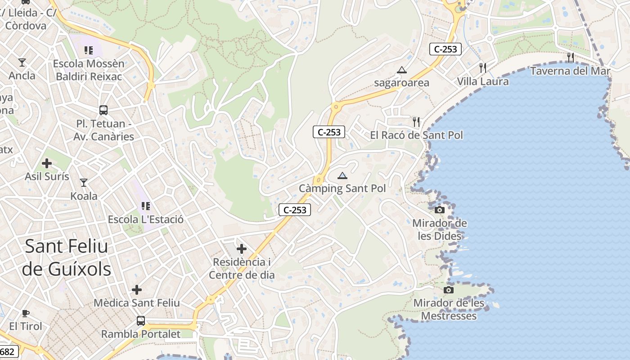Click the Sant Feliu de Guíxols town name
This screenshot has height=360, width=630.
(x=67, y=257)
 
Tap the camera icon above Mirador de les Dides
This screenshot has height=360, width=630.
(x=440, y=210)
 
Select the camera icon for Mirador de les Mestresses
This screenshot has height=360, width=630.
(x=449, y=290)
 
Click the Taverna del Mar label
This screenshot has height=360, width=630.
(x=570, y=71)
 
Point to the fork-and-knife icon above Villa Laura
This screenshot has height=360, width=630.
(x=483, y=68)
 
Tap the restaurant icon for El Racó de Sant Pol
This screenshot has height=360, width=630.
(x=416, y=121)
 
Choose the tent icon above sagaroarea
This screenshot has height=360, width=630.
(x=402, y=70)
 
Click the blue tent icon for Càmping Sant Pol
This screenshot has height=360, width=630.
(x=342, y=175)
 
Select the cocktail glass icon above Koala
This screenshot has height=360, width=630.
(x=84, y=182)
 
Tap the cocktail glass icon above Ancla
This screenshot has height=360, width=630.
(x=22, y=62)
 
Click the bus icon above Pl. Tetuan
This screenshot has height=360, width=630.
(x=103, y=110)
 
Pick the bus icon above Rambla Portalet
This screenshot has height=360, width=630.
(x=141, y=321)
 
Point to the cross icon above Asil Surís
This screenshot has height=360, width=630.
(x=47, y=163)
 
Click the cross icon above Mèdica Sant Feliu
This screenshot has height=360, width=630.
(x=137, y=290)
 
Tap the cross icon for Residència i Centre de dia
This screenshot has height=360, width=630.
(x=242, y=248)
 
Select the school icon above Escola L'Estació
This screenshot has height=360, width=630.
(x=145, y=206)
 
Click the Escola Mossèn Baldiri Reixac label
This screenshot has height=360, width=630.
(x=89, y=70)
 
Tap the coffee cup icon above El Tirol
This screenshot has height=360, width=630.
(x=26, y=313)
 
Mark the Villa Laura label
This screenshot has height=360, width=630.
(x=483, y=81)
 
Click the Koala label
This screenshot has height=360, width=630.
(x=84, y=196)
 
